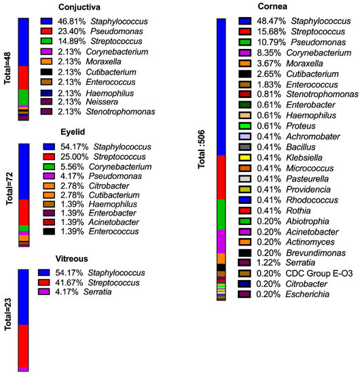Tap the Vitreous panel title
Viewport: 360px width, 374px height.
73,259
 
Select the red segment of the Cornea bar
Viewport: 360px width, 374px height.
221,177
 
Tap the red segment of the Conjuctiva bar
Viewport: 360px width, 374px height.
24,78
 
